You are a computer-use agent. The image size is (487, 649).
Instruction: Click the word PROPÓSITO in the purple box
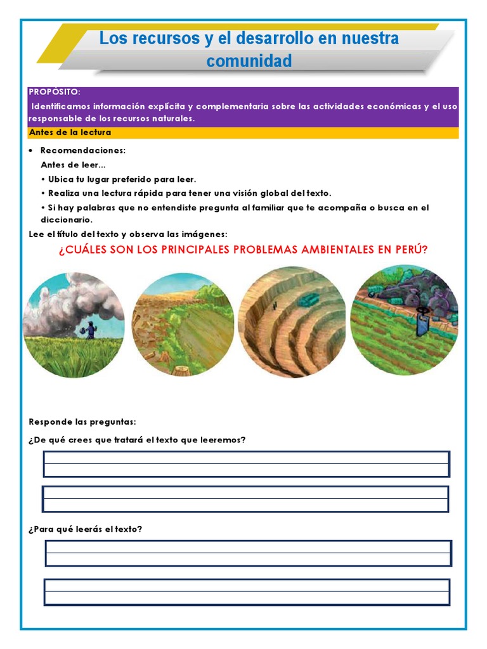[x=55, y=93]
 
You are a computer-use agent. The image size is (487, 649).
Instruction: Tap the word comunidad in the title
[x=249, y=61]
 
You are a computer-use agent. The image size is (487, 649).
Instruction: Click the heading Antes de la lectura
[x=70, y=132]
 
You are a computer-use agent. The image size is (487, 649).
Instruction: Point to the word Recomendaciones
[x=83, y=151]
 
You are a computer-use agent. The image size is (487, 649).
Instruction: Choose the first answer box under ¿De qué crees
[x=246, y=464]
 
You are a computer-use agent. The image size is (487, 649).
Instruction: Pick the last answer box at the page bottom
[x=247, y=592]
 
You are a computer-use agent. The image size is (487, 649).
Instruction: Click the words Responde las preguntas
[x=82, y=422]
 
